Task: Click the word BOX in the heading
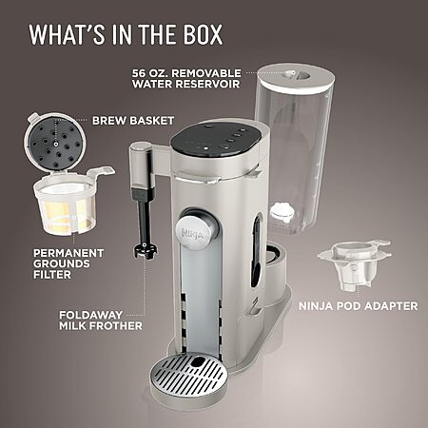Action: click(203, 34)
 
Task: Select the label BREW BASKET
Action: click(133, 121)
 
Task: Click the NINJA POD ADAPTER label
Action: click(359, 306)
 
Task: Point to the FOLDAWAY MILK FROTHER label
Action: click(101, 321)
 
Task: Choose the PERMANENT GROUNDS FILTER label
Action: click(68, 263)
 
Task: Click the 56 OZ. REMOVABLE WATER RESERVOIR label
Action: click(186, 78)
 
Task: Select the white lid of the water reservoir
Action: click(296, 78)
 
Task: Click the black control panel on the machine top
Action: click(216, 141)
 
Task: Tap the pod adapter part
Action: click(354, 264)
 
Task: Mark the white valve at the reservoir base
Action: click(281, 212)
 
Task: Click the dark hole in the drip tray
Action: click(199, 361)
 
